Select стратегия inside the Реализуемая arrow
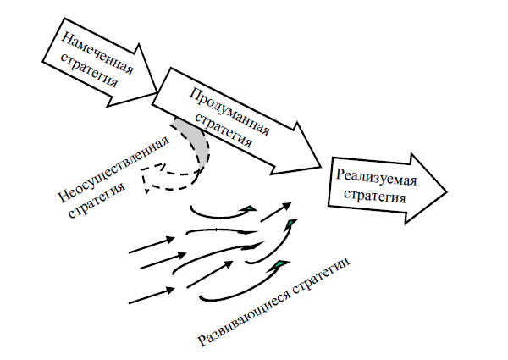point(373,197)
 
